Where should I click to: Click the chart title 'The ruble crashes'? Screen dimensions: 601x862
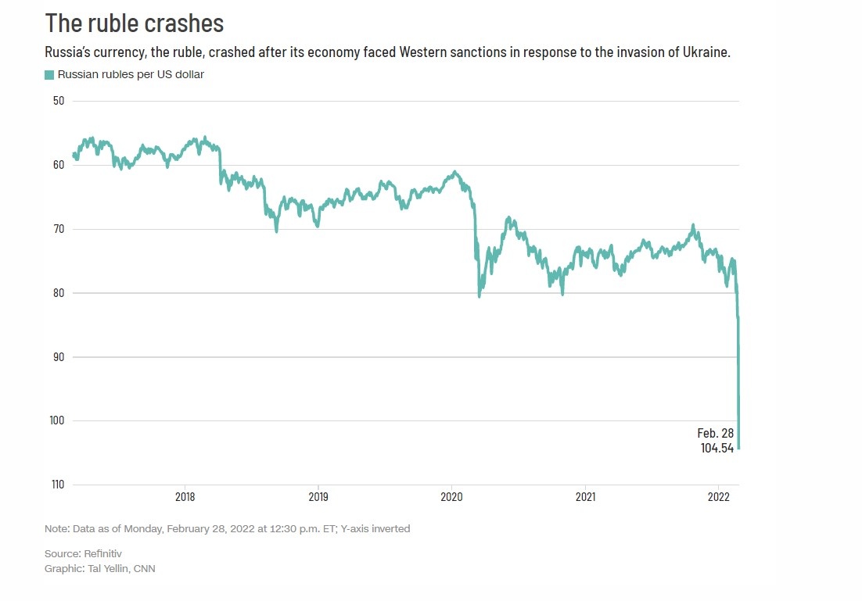click(x=135, y=23)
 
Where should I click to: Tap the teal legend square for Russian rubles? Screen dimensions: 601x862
click(x=49, y=74)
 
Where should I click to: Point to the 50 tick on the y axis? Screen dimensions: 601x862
click(x=57, y=101)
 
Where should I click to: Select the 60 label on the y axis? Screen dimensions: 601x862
click(x=57, y=165)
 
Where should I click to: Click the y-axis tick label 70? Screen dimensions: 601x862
click(x=57, y=229)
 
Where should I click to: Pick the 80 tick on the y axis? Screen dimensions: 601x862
click(x=57, y=293)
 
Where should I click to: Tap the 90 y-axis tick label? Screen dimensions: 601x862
click(x=57, y=357)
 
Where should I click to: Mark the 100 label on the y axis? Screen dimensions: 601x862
click(x=55, y=420)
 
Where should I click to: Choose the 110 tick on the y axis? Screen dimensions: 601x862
click(x=55, y=485)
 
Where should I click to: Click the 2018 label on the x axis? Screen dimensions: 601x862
click(x=185, y=496)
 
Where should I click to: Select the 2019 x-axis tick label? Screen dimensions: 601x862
click(x=318, y=496)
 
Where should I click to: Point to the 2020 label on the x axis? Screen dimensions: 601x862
click(x=452, y=496)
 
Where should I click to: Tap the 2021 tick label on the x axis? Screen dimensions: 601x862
click(x=586, y=496)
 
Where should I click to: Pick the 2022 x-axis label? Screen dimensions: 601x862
click(x=719, y=496)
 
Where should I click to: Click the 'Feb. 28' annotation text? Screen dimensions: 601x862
click(x=715, y=433)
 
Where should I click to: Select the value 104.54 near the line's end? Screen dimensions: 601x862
click(x=717, y=449)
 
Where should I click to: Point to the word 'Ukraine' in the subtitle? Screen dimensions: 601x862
click(x=706, y=53)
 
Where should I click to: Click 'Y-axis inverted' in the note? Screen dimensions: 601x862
click(x=375, y=529)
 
